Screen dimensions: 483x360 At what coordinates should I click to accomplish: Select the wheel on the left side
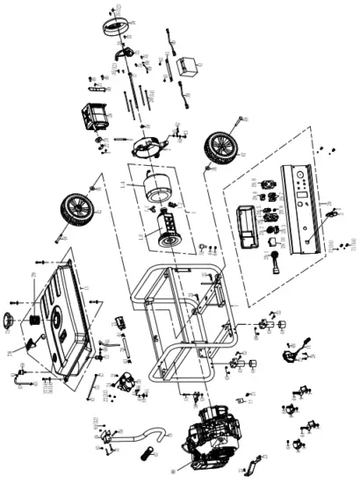pos(77,209)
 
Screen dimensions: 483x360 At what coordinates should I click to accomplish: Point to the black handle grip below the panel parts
pos(273,262)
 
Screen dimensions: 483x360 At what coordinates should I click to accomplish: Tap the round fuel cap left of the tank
pos(13,319)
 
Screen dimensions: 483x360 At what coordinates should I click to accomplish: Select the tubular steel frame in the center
pos(176,325)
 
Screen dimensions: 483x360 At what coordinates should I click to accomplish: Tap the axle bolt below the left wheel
pos(60,235)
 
